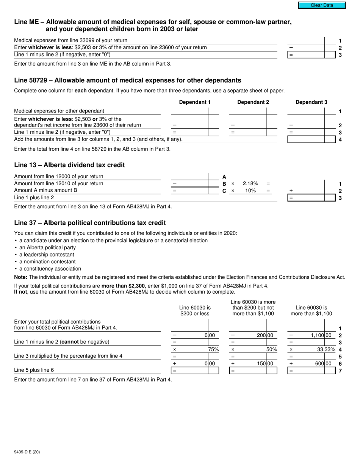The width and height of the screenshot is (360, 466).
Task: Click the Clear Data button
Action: [x=322, y=5]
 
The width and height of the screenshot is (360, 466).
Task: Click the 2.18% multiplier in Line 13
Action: [x=250, y=183]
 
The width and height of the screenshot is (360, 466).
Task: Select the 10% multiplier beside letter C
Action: [x=250, y=191]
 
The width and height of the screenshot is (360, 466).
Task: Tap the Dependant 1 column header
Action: [x=195, y=102]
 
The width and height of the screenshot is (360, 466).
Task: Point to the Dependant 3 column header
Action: [x=311, y=102]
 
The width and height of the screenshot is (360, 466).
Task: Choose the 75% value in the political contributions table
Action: [x=213, y=349]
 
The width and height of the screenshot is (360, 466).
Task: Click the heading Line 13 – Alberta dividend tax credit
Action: [x=69, y=165]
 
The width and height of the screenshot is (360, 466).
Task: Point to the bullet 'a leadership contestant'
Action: [x=47, y=255]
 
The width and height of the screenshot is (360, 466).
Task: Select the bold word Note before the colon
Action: [x=20, y=277]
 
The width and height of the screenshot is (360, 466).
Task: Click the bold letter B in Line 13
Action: [x=224, y=184]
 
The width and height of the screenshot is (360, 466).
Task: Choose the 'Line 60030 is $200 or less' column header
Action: [x=195, y=311]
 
